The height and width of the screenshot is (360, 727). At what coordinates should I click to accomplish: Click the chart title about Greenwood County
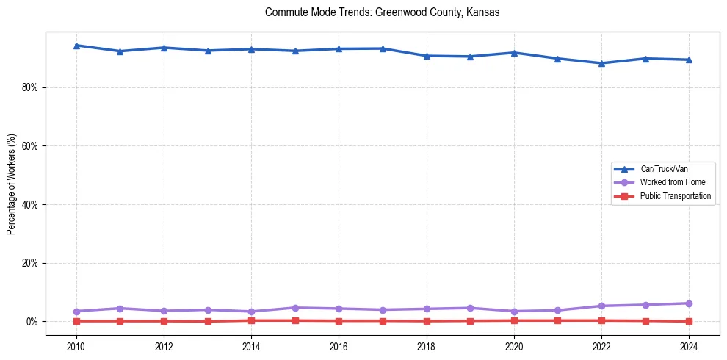tap(382, 13)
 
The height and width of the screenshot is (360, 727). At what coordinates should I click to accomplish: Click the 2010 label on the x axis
tap(76, 346)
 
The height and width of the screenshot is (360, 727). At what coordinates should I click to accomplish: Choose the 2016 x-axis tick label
tap(339, 346)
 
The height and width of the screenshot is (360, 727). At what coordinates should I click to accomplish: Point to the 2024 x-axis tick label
tap(689, 346)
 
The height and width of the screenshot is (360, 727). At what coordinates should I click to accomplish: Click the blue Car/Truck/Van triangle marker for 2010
tap(76, 46)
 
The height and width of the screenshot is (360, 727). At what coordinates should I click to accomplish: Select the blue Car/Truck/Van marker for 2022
tap(601, 63)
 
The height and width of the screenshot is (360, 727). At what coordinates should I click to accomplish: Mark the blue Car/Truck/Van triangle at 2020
tap(514, 53)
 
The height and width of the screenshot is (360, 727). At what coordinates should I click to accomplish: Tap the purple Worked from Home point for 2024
tap(689, 303)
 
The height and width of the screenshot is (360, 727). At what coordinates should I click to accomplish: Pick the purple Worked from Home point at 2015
tap(295, 308)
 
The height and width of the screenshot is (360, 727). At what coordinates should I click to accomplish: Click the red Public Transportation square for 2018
tap(427, 321)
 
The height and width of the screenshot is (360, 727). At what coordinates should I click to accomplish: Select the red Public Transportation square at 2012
tap(164, 321)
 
